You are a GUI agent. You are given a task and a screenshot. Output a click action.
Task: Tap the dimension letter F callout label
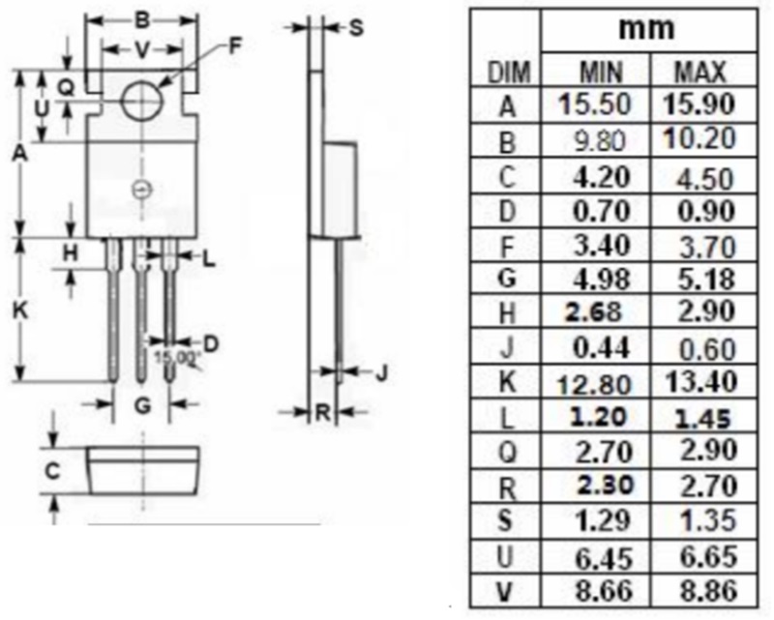235,45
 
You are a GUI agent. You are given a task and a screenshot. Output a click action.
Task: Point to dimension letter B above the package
142,20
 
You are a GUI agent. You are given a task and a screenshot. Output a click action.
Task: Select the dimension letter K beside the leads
19,310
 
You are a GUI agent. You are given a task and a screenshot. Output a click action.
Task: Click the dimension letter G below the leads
142,406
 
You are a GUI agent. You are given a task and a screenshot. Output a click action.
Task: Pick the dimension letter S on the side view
356,28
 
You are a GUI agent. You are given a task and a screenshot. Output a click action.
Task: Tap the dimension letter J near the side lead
381,372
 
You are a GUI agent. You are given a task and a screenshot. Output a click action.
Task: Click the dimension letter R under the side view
322,412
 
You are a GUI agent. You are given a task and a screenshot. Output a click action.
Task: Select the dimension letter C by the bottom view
52,471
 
